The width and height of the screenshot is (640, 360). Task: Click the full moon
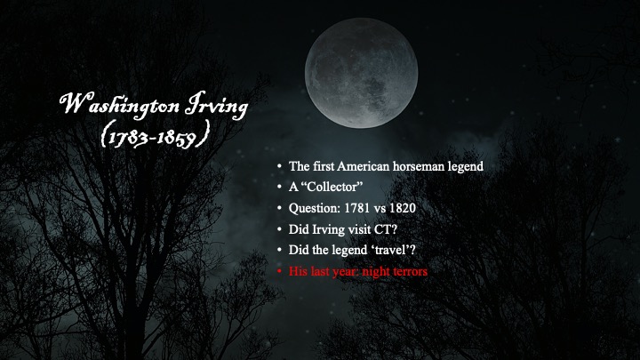pyautogui.click(x=361, y=73)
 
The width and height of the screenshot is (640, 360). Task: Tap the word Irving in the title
pyautogui.click(x=216, y=105)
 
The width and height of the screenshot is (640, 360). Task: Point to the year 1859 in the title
pyautogui.click(x=176, y=137)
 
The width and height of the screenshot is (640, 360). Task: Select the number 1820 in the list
pyautogui.click(x=403, y=208)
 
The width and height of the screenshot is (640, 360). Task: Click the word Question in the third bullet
pyautogui.click(x=315, y=209)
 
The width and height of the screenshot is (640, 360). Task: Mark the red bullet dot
pyautogui.click(x=280, y=271)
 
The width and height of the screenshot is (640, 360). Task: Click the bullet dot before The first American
pyautogui.click(x=280, y=166)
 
